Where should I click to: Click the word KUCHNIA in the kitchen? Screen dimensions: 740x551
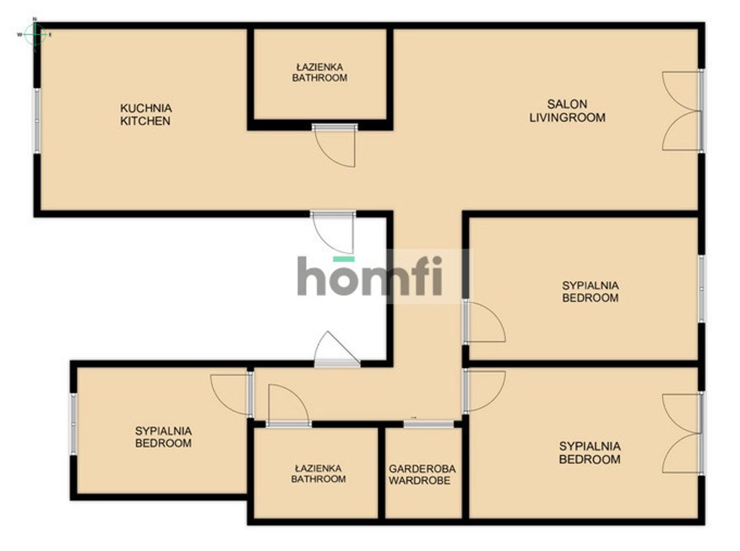[x=146, y=108]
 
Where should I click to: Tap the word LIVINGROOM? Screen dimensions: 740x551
[x=567, y=117]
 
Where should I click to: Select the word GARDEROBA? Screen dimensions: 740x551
[x=422, y=469]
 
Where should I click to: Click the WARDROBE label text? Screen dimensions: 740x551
[x=419, y=480]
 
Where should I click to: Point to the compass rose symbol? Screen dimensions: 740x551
[x=34, y=34]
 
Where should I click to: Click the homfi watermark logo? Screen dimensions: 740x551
[x=369, y=275]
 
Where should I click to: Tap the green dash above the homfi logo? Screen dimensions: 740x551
[x=343, y=259]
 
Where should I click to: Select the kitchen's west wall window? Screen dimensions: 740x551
[x=36, y=121]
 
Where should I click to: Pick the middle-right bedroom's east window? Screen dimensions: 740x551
[x=701, y=289]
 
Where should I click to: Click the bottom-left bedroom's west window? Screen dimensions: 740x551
[x=73, y=424]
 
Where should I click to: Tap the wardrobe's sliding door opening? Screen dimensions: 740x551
[x=428, y=424]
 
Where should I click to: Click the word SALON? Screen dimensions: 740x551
[x=567, y=104]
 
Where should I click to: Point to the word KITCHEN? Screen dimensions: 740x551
[x=145, y=121]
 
